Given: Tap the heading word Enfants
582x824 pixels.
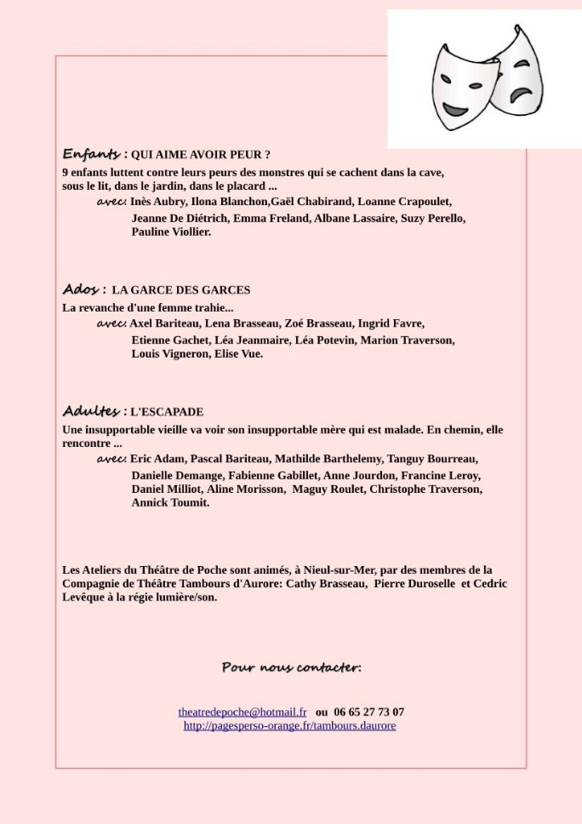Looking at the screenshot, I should point(91,154).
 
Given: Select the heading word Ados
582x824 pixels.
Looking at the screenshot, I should point(81,289).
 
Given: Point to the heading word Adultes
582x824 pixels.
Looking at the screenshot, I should point(91,411).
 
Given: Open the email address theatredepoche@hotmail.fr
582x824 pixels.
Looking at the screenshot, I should point(242,712).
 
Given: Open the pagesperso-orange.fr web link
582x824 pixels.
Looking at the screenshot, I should point(289,725).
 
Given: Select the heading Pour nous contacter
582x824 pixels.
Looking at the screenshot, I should point(291,667).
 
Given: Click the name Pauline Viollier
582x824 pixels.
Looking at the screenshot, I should point(170,232).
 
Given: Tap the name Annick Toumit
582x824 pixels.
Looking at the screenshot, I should point(170,503).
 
